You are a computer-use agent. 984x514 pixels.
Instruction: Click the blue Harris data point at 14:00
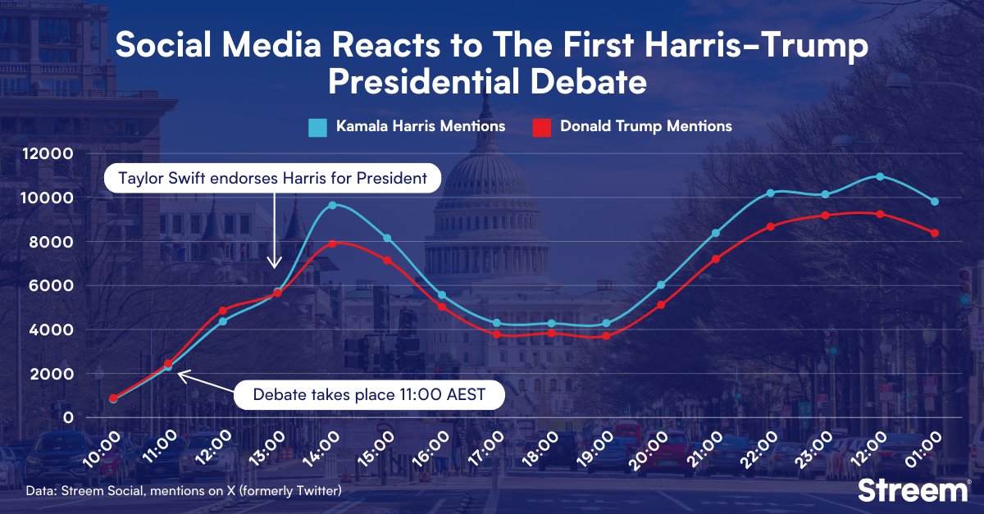click(x=332, y=205)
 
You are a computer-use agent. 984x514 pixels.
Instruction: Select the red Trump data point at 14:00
click(x=332, y=243)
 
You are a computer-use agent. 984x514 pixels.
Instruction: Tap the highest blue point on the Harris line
click(x=880, y=176)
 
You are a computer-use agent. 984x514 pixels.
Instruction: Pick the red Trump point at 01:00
click(x=934, y=233)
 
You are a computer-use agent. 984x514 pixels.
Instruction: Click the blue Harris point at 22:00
click(x=770, y=193)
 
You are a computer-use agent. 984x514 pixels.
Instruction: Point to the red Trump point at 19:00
click(x=606, y=336)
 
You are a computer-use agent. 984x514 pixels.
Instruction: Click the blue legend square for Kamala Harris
click(x=317, y=127)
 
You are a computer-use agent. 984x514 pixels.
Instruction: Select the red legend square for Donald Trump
click(x=541, y=127)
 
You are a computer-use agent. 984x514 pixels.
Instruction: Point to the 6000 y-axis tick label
click(x=55, y=286)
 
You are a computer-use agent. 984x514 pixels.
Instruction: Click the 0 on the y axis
click(x=69, y=418)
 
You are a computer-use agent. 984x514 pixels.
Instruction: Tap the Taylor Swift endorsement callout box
click(x=272, y=179)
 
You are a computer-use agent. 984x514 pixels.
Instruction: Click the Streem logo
click(x=913, y=490)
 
